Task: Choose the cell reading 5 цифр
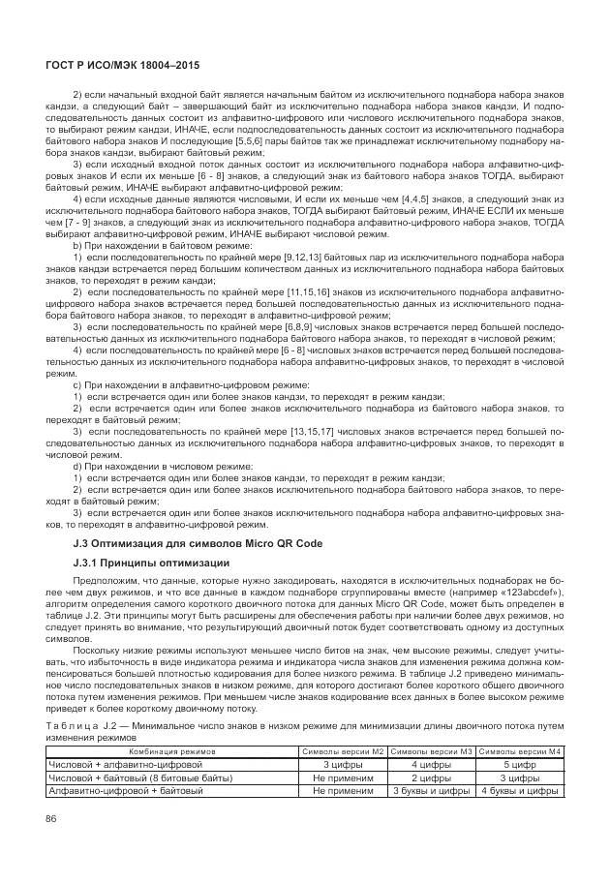520,764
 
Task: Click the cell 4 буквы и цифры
520,791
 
